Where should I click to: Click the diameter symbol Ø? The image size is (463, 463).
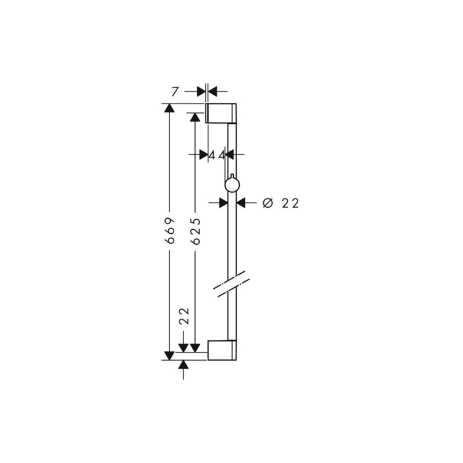click(267, 203)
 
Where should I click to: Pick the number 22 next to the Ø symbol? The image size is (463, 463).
click(291, 203)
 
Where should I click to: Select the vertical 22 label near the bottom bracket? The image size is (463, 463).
click(184, 317)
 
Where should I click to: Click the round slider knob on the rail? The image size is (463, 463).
click(231, 185)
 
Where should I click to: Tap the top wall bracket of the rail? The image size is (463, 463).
click(221, 113)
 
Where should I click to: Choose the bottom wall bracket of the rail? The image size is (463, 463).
click(222, 350)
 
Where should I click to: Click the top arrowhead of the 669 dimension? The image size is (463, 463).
click(170, 108)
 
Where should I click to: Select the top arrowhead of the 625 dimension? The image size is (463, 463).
click(196, 117)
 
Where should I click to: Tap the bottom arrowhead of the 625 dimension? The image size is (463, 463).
click(196, 347)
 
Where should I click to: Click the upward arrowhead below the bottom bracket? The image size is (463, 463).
click(184, 365)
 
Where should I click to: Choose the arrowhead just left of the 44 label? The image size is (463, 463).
click(203, 155)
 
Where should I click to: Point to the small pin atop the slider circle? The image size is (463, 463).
click(231, 175)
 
